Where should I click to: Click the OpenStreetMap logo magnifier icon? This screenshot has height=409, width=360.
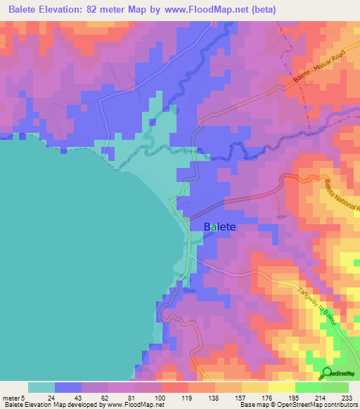click(x=328, y=372)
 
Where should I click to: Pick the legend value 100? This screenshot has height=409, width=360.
click(x=161, y=397)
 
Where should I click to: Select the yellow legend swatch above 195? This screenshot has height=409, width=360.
click(x=281, y=387)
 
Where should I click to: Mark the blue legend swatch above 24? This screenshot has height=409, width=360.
click(x=67, y=387)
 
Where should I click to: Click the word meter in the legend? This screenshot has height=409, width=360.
click(x=13, y=397)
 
